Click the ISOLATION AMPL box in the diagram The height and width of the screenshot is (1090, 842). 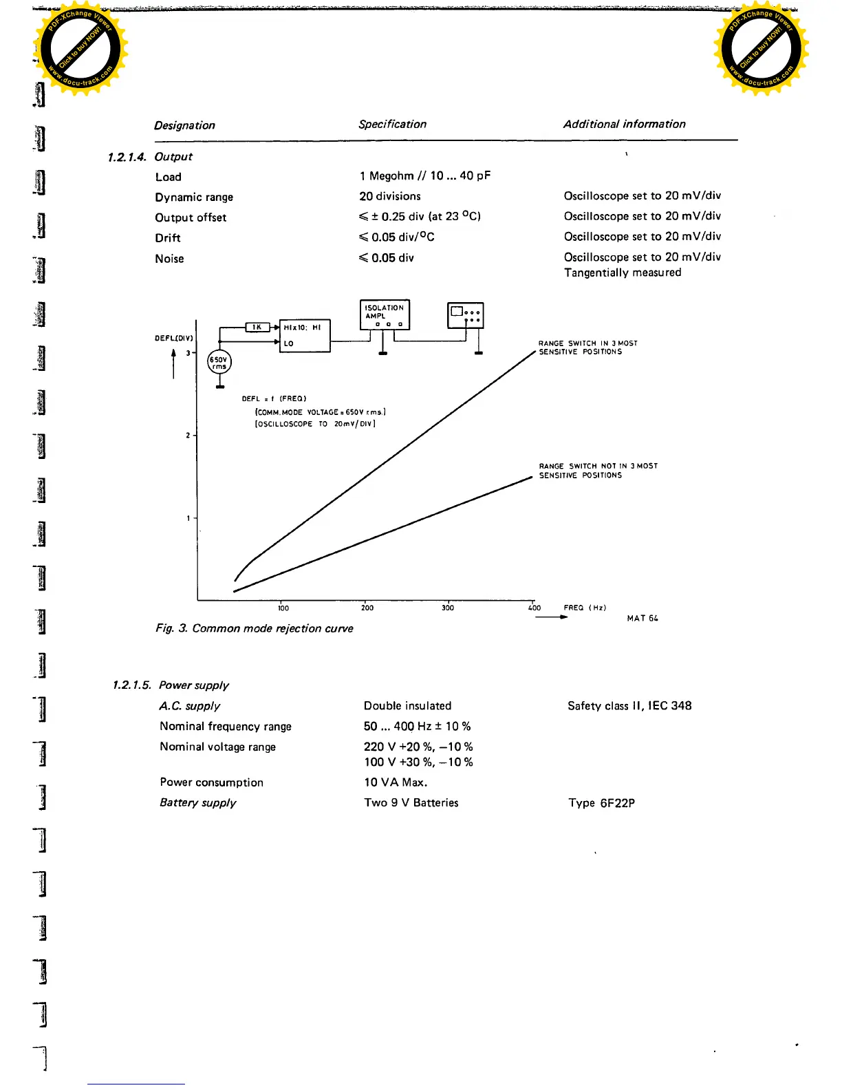385,314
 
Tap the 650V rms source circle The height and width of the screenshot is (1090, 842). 219,363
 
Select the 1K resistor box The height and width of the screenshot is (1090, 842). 257,327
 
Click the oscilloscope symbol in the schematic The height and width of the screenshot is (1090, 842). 465,315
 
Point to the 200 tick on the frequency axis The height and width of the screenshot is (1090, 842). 367,608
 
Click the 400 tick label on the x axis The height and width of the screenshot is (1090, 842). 535,608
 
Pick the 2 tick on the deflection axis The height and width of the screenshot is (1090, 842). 188,436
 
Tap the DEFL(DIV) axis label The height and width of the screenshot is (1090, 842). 173,338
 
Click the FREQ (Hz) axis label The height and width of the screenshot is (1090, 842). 585,608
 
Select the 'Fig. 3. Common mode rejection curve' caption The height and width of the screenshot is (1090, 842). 255,628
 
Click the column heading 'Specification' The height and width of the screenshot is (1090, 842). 392,125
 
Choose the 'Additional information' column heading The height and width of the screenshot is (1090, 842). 624,125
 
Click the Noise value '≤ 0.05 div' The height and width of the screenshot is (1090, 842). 387,258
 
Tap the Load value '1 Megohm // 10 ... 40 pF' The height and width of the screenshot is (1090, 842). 424,176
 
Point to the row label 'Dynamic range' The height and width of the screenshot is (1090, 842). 194,197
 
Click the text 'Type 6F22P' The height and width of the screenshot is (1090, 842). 601,803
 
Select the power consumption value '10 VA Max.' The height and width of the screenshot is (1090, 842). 396,782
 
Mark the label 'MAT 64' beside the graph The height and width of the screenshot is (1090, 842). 643,619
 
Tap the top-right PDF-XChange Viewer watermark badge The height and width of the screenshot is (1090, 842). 761,50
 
